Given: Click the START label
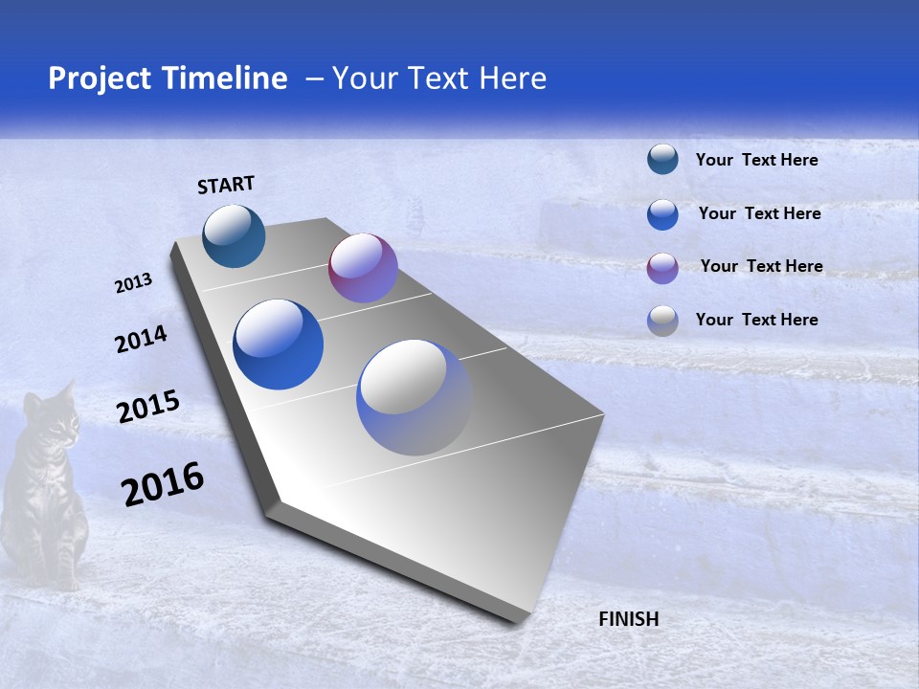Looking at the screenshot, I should pyautogui.click(x=226, y=185).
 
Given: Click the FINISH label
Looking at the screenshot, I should pyautogui.click(x=629, y=619).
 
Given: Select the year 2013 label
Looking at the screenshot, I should pyautogui.click(x=134, y=283).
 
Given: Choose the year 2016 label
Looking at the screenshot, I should pyautogui.click(x=163, y=483).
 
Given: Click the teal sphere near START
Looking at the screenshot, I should pyautogui.click(x=234, y=235).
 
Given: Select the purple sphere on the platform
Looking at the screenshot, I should pyautogui.click(x=363, y=268).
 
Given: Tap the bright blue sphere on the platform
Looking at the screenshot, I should pyautogui.click(x=279, y=344).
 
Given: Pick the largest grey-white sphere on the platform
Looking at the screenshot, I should pyautogui.click(x=415, y=397).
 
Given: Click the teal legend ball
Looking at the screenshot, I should pyautogui.click(x=662, y=159).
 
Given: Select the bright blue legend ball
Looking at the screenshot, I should pyautogui.click(x=662, y=214).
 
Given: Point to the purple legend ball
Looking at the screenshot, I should pyautogui.click(x=662, y=268).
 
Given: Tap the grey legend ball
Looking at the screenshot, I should pyautogui.click(x=662, y=321).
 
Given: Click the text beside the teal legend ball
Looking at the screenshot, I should pyautogui.click(x=756, y=160).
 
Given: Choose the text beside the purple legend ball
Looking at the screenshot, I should pyautogui.click(x=761, y=266).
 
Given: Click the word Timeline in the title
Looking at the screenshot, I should pyautogui.click(x=225, y=78).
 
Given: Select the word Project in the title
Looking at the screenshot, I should pyautogui.click(x=99, y=78).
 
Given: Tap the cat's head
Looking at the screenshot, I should pyautogui.click(x=50, y=415).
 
